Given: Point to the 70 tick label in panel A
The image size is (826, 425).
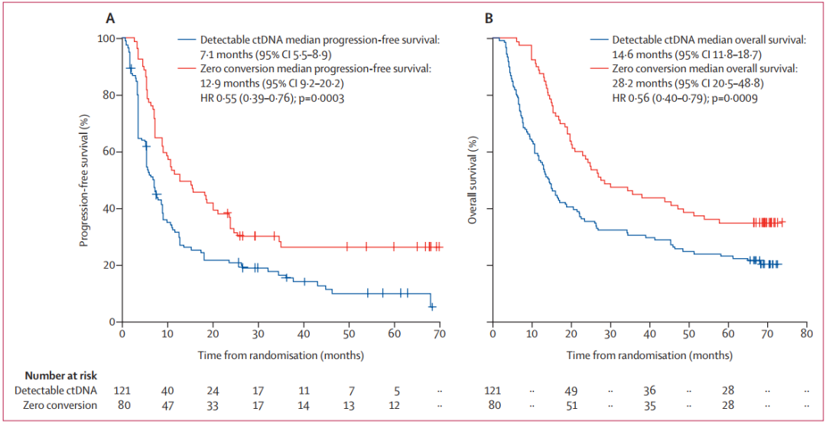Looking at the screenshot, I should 439,335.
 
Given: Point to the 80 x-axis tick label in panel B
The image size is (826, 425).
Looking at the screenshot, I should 806,335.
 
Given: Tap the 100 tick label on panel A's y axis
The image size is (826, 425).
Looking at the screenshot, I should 106,38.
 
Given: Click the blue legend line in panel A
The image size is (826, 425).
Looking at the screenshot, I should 187,40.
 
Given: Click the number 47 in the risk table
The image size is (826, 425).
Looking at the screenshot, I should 167,405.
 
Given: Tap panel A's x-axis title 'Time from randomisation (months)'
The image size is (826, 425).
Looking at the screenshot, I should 281,355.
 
